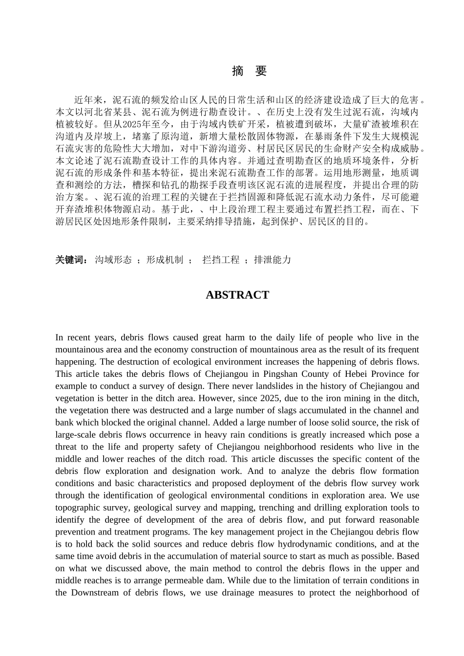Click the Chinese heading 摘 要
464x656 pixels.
249,71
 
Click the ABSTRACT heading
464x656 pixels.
237,295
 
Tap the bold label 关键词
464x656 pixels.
71,260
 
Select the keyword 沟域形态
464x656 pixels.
113,260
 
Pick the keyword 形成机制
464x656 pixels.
165,260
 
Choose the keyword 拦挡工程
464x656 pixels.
221,260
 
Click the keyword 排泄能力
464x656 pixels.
273,260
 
